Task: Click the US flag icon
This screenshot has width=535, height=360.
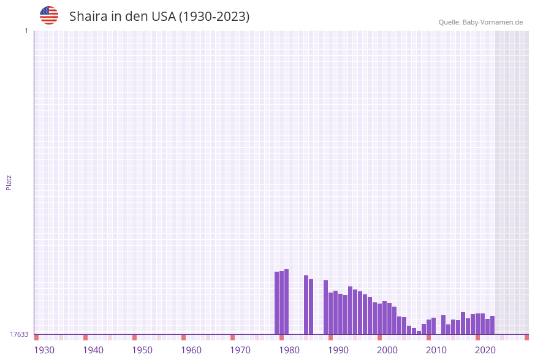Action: pos(49,15)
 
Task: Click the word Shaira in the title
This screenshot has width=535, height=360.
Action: pos(89,17)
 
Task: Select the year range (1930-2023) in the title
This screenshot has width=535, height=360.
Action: pos(214,17)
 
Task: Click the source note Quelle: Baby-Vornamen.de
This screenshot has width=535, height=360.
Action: pos(480,22)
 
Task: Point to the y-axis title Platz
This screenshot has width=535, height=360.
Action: pos(9,183)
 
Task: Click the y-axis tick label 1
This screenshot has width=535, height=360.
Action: pos(26,31)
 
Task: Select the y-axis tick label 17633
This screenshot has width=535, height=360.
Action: pos(19,334)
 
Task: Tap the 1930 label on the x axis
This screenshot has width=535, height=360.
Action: pos(44,350)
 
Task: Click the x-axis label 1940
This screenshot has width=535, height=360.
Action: pos(93,350)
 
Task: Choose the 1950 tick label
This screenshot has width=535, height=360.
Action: pos(142,350)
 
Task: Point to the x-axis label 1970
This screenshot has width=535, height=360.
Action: pos(240,350)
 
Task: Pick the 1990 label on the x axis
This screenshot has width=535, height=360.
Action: pos(338,350)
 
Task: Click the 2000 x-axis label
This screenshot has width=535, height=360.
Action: pos(387,350)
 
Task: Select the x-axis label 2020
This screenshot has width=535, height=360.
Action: pos(485,350)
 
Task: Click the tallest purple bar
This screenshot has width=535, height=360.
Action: pos(286,302)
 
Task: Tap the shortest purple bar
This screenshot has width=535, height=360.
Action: pos(419,332)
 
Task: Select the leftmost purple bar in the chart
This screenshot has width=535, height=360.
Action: pos(276,303)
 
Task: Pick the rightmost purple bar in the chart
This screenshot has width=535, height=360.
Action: pos(492,325)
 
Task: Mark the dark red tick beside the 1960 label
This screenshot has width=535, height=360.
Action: pos(183,337)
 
